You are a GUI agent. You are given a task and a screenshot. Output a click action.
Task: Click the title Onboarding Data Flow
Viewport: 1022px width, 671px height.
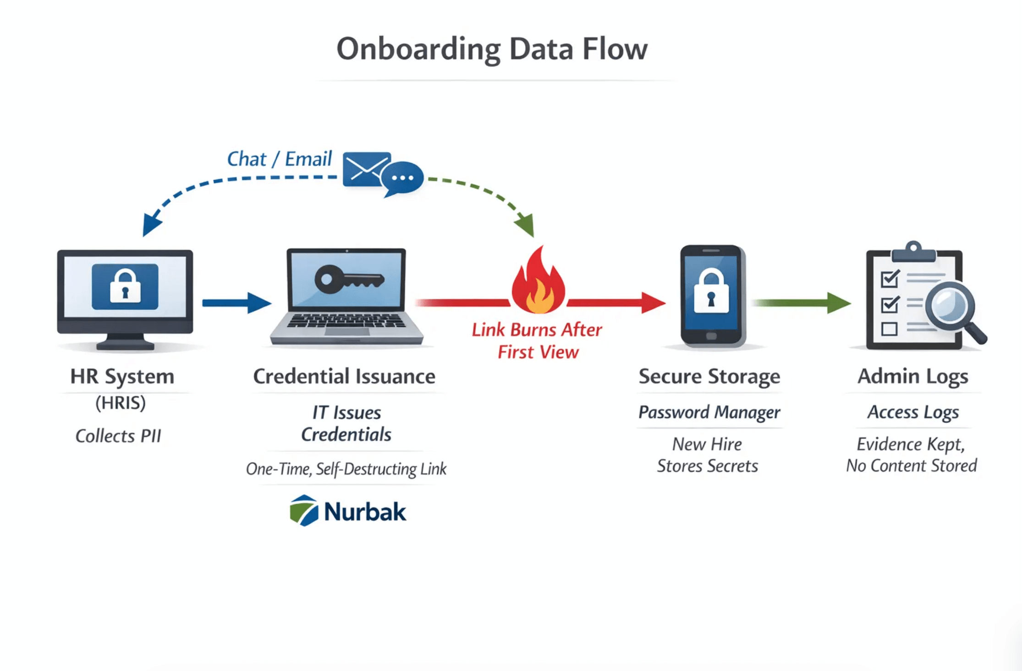(492, 49)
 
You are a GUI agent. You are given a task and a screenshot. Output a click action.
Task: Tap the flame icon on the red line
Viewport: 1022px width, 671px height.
(538, 284)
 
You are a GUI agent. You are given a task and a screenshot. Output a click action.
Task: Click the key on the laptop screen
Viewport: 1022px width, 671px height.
(348, 279)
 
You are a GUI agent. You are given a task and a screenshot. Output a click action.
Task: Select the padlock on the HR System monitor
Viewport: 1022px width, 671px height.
(125, 286)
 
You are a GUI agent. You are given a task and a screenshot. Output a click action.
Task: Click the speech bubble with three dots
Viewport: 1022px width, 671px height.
(402, 178)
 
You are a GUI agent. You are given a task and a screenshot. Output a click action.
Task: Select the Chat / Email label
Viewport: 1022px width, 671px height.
(279, 159)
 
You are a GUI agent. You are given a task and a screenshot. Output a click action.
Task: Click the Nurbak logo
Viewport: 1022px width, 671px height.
(348, 511)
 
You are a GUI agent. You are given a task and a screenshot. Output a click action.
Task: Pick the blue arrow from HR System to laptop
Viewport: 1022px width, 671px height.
(236, 302)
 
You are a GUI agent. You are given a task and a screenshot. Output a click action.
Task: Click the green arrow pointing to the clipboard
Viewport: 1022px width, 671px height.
(802, 302)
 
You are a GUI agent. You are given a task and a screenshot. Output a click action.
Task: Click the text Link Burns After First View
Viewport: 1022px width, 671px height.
(537, 341)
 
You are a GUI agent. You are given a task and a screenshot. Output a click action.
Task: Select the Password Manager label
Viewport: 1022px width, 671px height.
(709, 412)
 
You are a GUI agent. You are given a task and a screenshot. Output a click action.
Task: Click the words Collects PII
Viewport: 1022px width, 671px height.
(118, 436)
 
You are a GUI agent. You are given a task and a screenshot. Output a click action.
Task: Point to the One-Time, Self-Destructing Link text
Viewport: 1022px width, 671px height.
(346, 469)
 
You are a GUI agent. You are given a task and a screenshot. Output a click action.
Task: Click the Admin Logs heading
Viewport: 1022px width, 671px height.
(912, 376)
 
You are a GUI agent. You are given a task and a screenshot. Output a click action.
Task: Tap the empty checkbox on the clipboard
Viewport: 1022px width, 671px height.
(889, 329)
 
